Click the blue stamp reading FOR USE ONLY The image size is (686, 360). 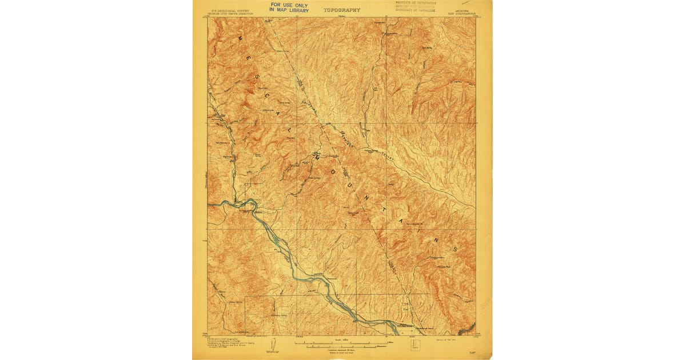point(289,7)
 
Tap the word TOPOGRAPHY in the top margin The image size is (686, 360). point(342,10)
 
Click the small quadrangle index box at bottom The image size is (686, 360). point(414,345)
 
